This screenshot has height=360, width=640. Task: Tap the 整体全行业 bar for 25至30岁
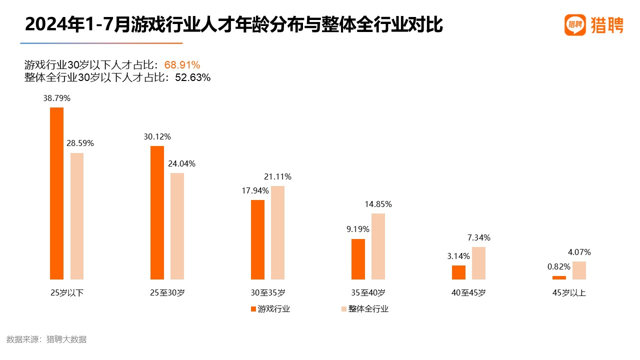(177, 226)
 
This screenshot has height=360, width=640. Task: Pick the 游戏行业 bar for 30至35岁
(257, 239)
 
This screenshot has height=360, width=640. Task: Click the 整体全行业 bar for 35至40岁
(378, 246)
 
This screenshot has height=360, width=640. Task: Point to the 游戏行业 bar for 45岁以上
(559, 277)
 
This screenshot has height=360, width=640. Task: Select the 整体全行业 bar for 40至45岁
(478, 263)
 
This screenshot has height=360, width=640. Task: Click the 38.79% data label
(57, 98)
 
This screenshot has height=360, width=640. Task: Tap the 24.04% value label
(181, 163)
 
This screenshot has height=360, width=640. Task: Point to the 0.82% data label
(558, 267)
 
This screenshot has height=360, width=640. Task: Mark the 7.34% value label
(478, 237)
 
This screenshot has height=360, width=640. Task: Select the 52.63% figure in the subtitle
(193, 77)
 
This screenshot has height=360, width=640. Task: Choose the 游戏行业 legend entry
(270, 309)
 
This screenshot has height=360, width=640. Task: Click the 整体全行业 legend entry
(365, 309)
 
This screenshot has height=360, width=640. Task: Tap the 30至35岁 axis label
(268, 293)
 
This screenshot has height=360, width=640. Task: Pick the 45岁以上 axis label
(569, 293)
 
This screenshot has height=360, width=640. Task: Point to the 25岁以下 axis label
(67, 293)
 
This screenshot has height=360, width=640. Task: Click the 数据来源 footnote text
(46, 339)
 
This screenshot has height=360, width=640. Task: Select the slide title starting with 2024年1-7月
(234, 24)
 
